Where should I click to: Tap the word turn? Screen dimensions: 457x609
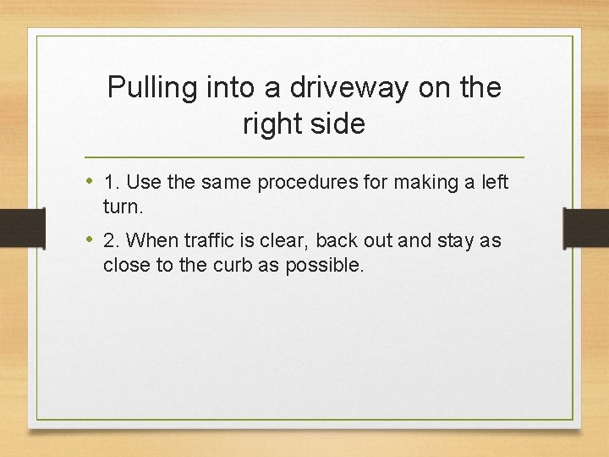122,206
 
